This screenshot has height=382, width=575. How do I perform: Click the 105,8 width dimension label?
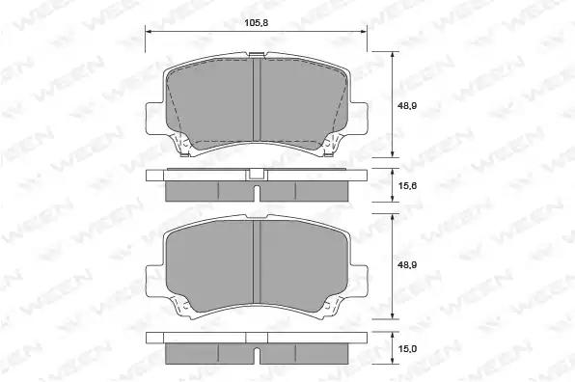point(257,23)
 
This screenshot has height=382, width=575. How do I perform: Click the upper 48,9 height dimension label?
point(407,106)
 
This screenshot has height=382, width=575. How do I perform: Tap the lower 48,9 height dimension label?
point(407,264)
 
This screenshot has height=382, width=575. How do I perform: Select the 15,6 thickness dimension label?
point(407,186)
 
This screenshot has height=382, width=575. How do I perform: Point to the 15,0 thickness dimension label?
point(407,348)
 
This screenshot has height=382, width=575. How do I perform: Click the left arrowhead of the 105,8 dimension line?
point(149,32)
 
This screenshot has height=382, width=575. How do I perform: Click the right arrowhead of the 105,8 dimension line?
point(364,32)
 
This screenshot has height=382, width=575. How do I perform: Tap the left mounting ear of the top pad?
point(154,118)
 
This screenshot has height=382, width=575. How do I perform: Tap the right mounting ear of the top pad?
point(359,118)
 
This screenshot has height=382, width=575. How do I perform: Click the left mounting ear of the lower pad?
point(154,281)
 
